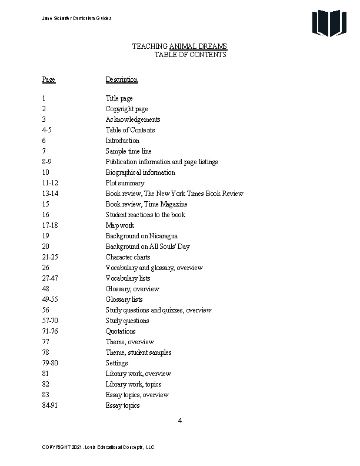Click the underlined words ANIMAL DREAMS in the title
[x=198, y=46]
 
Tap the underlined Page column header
[x=48, y=79]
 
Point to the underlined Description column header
[x=122, y=79]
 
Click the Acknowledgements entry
[x=133, y=119]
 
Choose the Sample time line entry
[x=128, y=151]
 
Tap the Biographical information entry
[x=140, y=172]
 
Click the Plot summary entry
[x=125, y=183]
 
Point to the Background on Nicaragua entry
[x=142, y=236]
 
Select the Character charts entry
[x=128, y=257]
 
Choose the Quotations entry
[x=121, y=331]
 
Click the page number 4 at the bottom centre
[x=180, y=420]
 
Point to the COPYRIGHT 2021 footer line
[x=98, y=447]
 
